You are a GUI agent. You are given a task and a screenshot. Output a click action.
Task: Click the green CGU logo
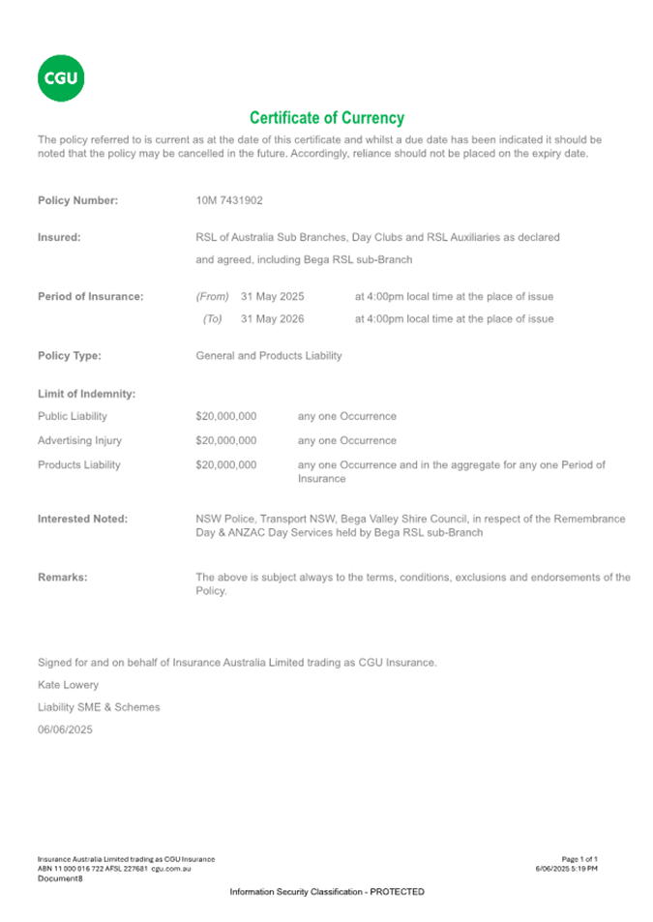pyautogui.click(x=60, y=78)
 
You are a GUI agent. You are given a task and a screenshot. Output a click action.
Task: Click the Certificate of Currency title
pyautogui.click(x=326, y=118)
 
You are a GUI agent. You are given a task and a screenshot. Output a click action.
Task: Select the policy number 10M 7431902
pyautogui.click(x=229, y=201)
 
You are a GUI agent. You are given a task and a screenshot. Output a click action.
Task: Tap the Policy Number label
pyautogui.click(x=77, y=201)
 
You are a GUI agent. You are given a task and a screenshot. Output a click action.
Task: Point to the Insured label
pyautogui.click(x=58, y=237)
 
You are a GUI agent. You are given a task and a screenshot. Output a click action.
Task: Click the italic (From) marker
pyautogui.click(x=212, y=296)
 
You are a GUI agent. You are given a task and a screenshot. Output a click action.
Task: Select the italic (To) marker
pyautogui.click(x=212, y=319)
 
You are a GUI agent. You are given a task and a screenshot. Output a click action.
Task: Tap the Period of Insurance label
pyautogui.click(x=90, y=296)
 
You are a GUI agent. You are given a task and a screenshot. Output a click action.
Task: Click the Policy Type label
pyautogui.click(x=69, y=356)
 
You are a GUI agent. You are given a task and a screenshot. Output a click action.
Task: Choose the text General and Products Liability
pyautogui.click(x=268, y=356)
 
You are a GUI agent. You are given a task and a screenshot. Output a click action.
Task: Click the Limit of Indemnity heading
pyautogui.click(x=86, y=394)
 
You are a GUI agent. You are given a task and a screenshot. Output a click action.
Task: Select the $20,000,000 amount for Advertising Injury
pyautogui.click(x=225, y=440)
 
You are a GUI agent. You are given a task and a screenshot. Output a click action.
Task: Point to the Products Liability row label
pyautogui.click(x=78, y=464)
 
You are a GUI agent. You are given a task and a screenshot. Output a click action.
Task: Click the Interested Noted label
pyautogui.click(x=82, y=520)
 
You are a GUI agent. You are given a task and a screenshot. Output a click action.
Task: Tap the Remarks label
pyautogui.click(x=62, y=578)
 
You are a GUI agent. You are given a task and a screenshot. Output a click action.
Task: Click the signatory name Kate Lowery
pyautogui.click(x=68, y=685)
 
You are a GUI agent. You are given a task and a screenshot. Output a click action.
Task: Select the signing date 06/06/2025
pyautogui.click(x=65, y=730)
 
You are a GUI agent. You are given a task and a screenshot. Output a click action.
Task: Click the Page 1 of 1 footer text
pyautogui.click(x=579, y=859)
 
